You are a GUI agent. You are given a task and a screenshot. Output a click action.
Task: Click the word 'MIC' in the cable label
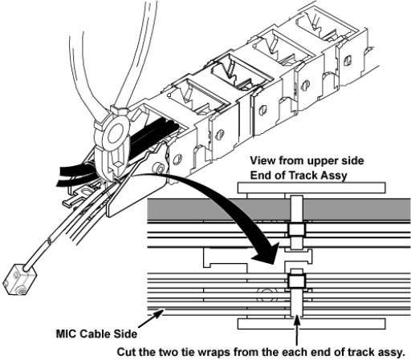pyautogui.click(x=67, y=334)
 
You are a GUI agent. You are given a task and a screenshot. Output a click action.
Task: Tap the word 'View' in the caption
pyautogui.click(x=263, y=160)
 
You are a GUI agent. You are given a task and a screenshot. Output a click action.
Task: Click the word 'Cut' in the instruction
pyautogui.click(x=127, y=352)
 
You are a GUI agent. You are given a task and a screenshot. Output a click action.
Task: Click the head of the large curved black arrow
pyautogui.click(x=264, y=254)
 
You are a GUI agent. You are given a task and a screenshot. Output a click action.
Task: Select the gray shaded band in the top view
pyautogui.click(x=279, y=209)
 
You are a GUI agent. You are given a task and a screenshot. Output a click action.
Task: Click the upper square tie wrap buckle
pyautogui.click(x=296, y=230)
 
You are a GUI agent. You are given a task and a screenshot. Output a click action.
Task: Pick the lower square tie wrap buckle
pyautogui.click(x=296, y=281)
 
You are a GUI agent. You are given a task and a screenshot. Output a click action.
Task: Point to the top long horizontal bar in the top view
pyautogui.click(x=311, y=188)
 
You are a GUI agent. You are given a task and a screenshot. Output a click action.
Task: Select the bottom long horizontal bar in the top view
pyautogui.click(x=311, y=324)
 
